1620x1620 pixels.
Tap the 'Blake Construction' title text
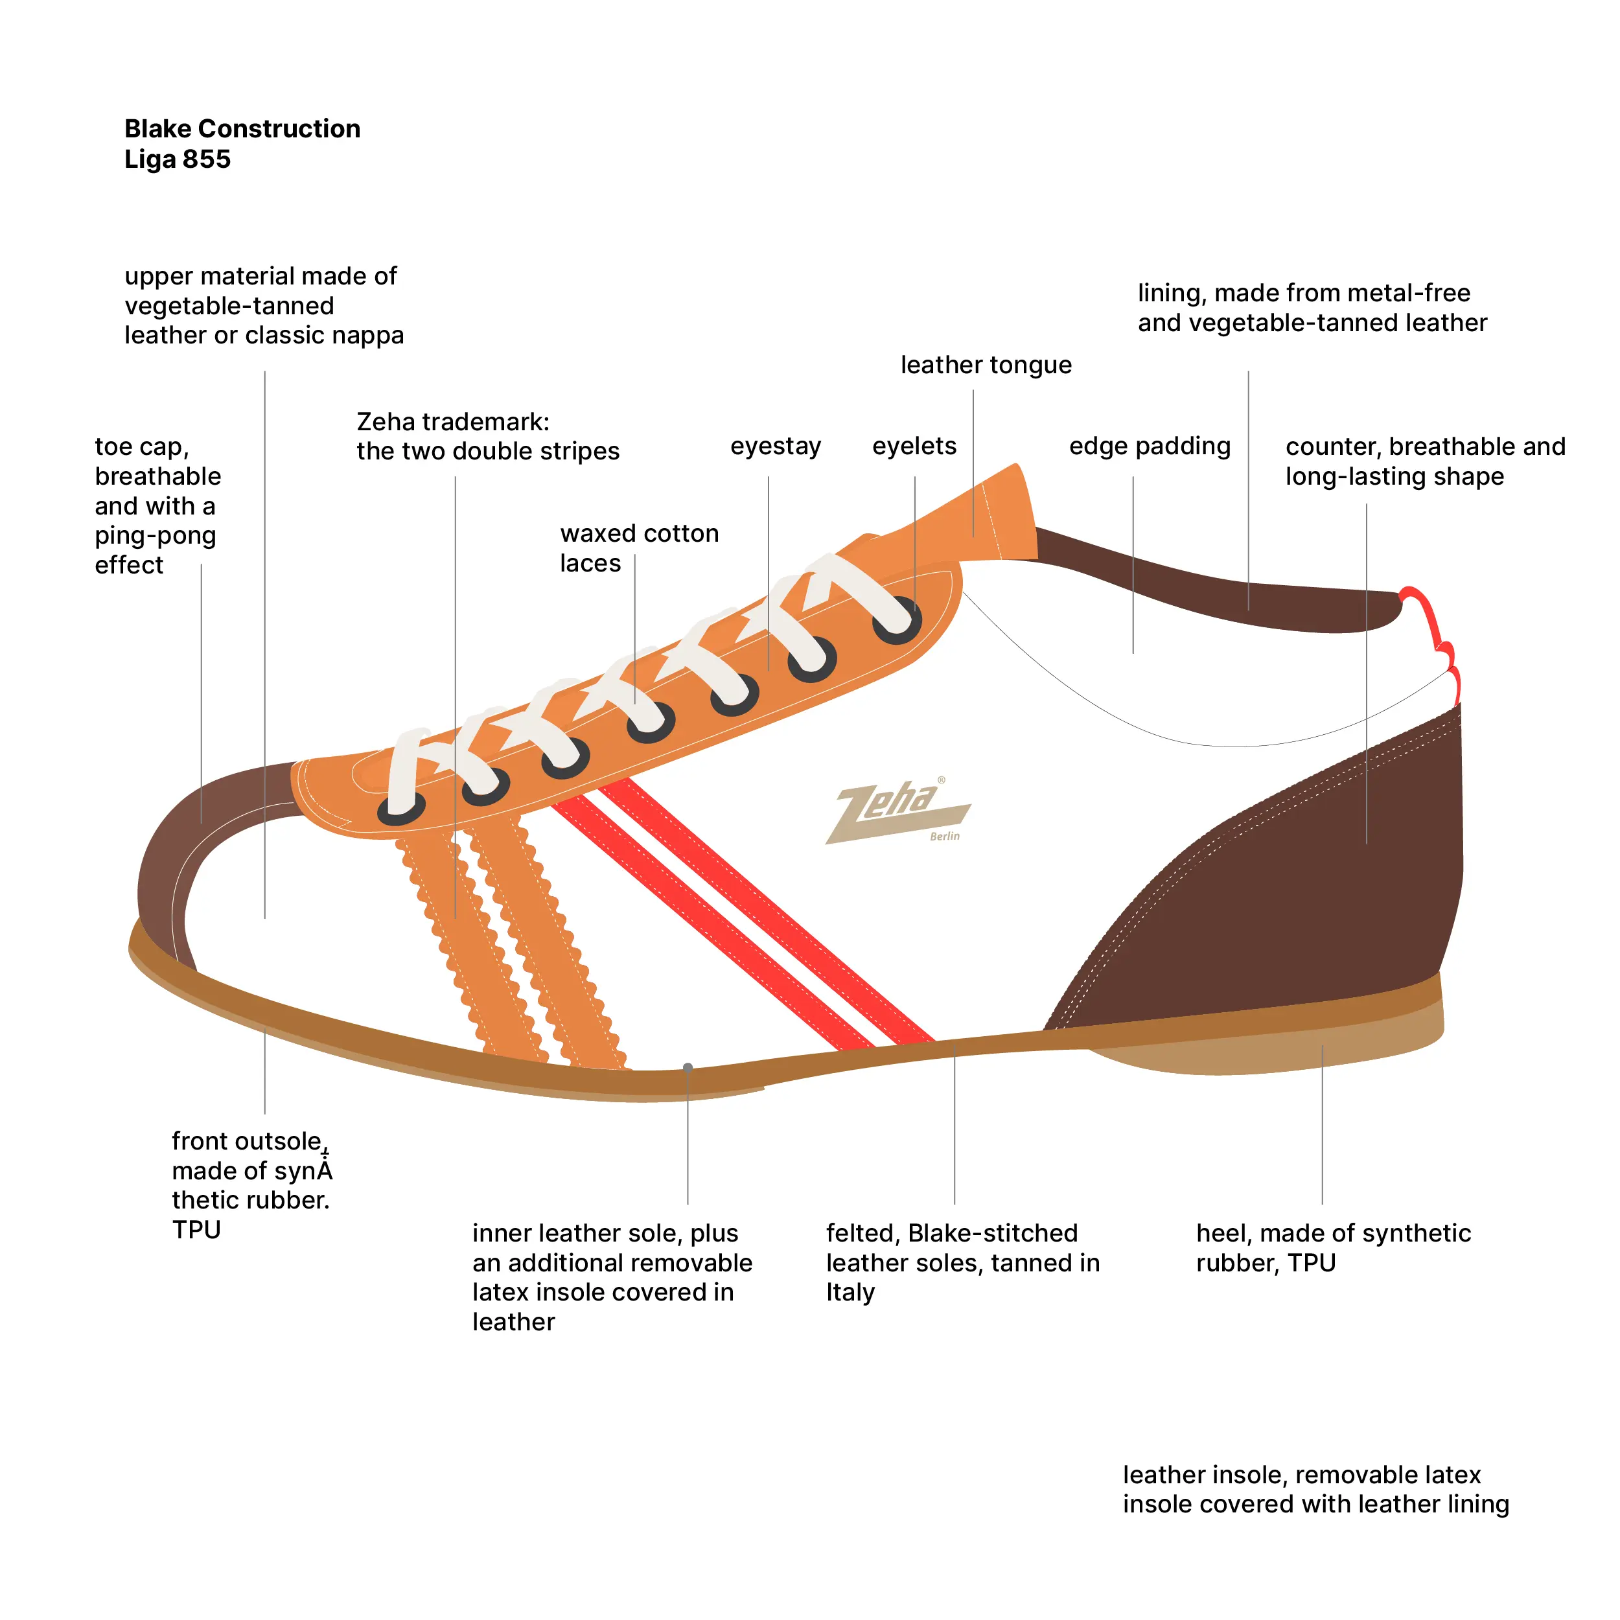(x=242, y=128)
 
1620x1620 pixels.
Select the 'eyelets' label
(x=914, y=446)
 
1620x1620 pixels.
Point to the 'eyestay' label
(x=776, y=446)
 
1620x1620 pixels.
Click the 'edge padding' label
(x=1150, y=446)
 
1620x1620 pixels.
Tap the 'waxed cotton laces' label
(x=639, y=548)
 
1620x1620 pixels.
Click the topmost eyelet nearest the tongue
(x=897, y=621)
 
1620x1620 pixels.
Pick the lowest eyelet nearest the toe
(x=402, y=807)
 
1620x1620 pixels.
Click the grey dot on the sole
(x=688, y=1067)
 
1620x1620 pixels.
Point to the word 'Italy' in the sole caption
(x=850, y=1292)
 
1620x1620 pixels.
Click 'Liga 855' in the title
(x=178, y=159)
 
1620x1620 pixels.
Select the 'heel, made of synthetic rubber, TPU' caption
(x=1333, y=1247)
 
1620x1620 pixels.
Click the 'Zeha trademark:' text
(x=453, y=421)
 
